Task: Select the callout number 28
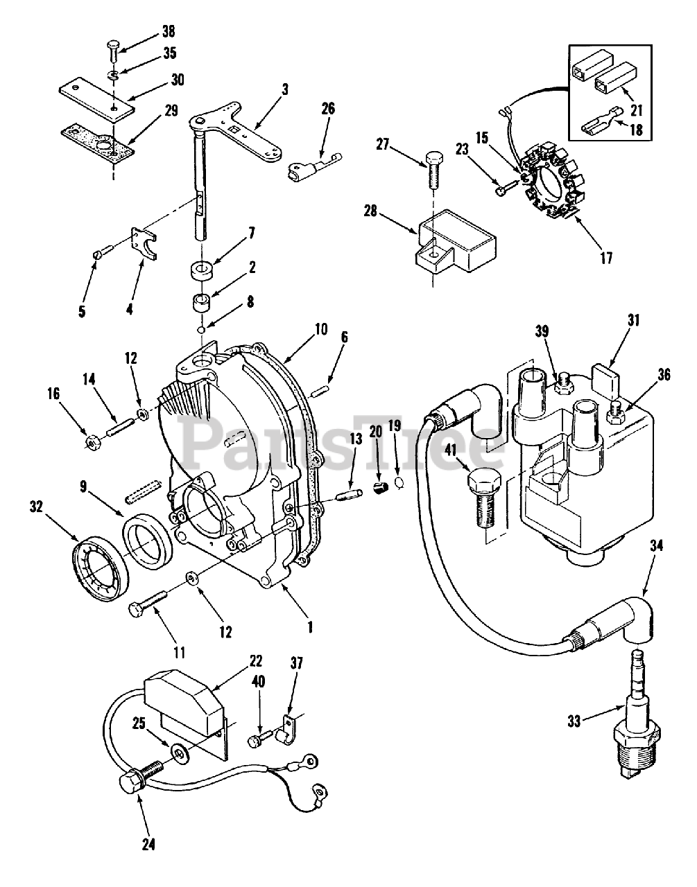pos(370,213)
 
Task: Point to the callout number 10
pos(321,329)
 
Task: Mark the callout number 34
pos(656,545)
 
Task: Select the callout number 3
pos(284,89)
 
